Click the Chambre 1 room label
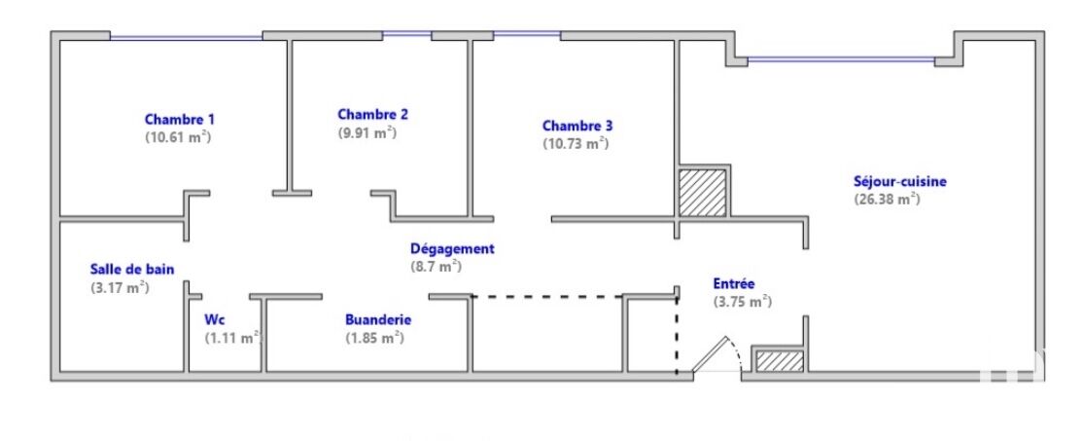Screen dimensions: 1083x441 (x=179, y=119)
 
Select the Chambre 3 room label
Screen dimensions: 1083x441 (x=576, y=126)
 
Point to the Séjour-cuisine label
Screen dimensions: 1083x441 (x=900, y=182)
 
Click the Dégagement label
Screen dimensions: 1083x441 (x=452, y=249)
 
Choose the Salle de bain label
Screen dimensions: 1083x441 (x=132, y=269)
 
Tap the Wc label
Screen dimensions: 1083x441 (x=214, y=320)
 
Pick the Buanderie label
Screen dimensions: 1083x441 (x=378, y=320)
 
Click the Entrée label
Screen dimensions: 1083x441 (x=734, y=284)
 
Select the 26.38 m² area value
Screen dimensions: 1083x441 (x=887, y=200)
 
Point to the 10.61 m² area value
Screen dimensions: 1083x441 (x=178, y=137)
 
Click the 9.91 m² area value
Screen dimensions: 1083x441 (x=367, y=132)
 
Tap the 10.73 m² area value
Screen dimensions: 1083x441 (x=576, y=144)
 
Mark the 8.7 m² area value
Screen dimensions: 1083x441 (x=436, y=267)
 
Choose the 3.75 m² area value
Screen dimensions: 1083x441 (x=742, y=302)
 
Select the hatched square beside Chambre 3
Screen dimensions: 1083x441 (x=702, y=193)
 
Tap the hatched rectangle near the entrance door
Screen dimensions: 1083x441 (x=780, y=361)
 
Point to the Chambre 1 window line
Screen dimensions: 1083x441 (x=187, y=37)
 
